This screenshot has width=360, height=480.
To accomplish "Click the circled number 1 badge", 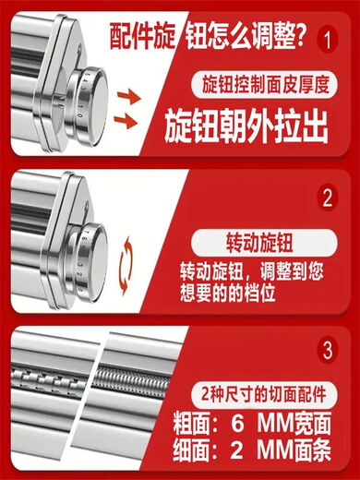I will click(x=325, y=41).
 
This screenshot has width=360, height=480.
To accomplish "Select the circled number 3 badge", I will click(x=325, y=352).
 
